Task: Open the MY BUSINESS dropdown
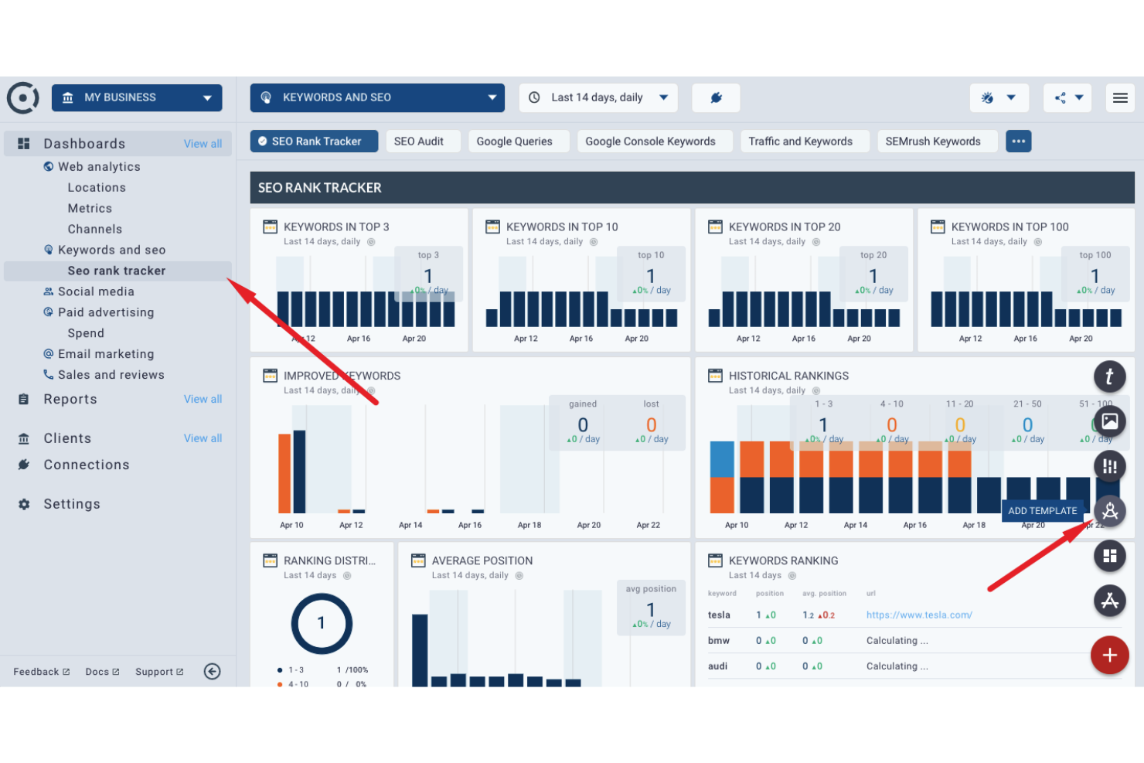click(137, 98)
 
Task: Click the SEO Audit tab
click(419, 141)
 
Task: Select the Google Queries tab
click(515, 141)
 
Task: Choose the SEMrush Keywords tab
click(933, 141)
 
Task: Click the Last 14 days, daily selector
click(598, 98)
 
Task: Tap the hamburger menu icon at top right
click(1119, 98)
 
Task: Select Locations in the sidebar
click(97, 188)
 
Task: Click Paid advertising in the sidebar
click(106, 312)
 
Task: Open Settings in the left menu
click(72, 504)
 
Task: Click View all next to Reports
click(203, 400)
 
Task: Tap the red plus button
click(1109, 656)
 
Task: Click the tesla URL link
click(919, 615)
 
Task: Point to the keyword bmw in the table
click(719, 641)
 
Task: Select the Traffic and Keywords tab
click(800, 141)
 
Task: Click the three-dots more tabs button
click(1018, 141)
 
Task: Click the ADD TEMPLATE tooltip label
click(1042, 511)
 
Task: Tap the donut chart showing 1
click(322, 624)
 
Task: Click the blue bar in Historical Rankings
click(722, 459)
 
